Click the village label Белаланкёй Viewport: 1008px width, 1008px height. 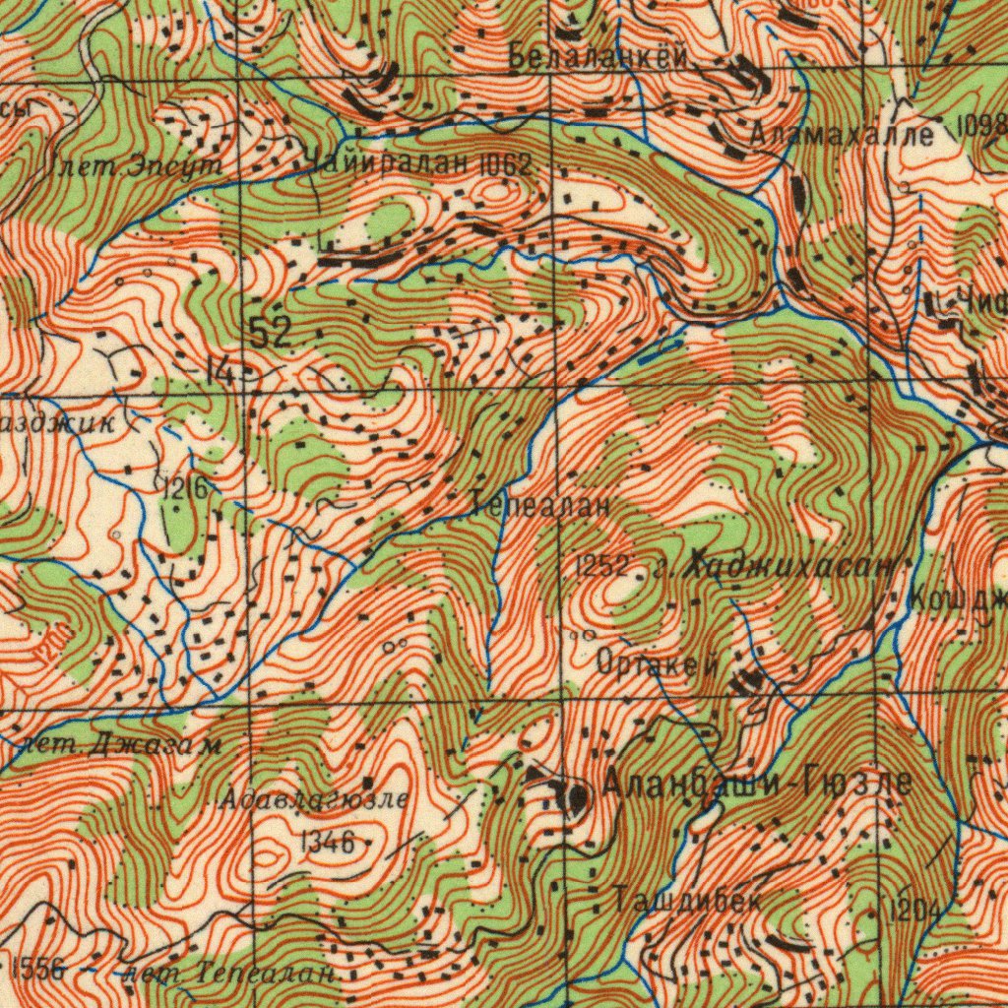(598, 59)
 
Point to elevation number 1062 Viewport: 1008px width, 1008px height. (505, 165)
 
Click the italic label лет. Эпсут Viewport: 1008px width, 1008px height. (137, 167)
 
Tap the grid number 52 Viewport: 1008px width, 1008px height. (269, 333)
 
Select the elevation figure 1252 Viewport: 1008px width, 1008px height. (601, 565)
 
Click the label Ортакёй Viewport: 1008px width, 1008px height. (658, 664)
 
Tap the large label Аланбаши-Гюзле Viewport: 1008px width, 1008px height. (756, 784)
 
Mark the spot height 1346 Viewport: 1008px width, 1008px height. (327, 841)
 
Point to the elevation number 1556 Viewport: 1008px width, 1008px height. (39, 968)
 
